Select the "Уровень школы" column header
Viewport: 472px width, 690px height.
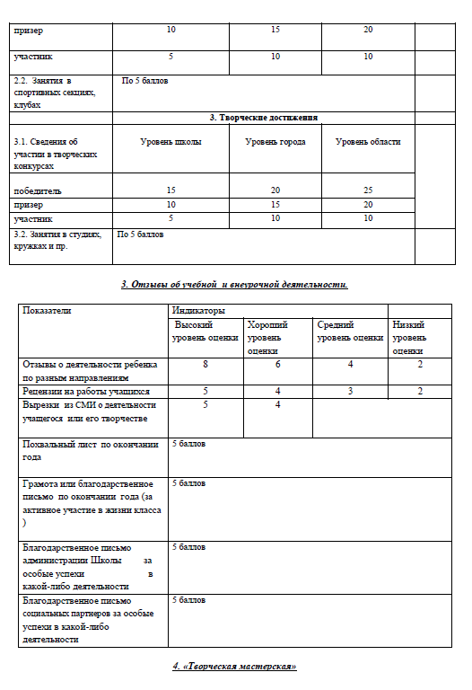[170, 142]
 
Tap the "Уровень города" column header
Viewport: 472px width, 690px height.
[275, 142]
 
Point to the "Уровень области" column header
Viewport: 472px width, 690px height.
[368, 142]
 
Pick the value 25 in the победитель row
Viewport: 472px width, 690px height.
[368, 190]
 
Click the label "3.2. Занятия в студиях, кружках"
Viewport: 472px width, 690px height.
[54, 240]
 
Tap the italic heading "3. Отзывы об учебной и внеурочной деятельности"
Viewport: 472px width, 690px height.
[234, 285]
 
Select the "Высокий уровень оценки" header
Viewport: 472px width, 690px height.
[205, 331]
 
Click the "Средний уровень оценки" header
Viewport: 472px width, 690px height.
[350, 331]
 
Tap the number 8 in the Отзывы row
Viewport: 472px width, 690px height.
[205, 364]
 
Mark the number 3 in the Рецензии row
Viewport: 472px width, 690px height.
[350, 392]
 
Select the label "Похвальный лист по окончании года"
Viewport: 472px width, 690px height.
[90, 450]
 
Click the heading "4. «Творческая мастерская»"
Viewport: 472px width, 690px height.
[234, 667]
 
